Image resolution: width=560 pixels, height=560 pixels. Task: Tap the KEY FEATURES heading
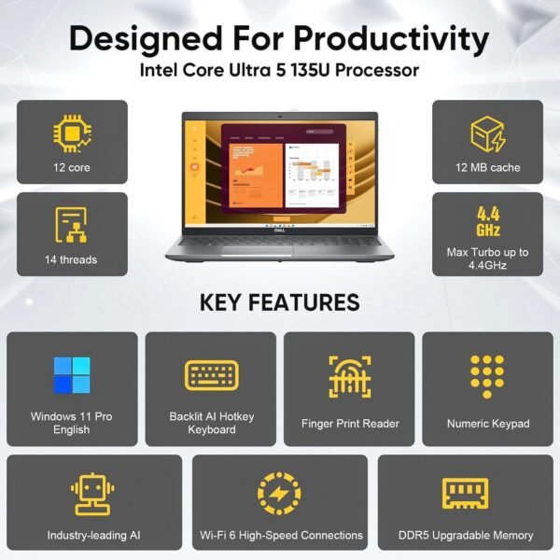[279, 301]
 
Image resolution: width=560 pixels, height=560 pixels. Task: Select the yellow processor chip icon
[72, 133]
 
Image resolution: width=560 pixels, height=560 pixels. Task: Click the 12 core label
[72, 167]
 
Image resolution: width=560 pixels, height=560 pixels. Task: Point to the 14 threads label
[72, 259]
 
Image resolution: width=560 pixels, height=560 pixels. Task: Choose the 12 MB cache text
[487, 167]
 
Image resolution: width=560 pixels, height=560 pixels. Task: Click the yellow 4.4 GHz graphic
[487, 221]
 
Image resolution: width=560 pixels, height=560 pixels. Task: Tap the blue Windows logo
[72, 374]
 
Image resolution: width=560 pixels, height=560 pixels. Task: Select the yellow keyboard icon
[211, 375]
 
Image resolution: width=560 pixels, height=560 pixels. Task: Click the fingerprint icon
[350, 376]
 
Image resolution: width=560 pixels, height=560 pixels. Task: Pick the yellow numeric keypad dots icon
[487, 375]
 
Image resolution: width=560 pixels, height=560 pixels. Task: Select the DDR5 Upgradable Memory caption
[465, 535]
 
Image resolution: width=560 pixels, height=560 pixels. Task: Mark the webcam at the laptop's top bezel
[280, 117]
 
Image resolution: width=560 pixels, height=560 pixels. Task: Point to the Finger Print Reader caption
[350, 423]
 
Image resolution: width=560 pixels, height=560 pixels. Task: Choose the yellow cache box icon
[487, 133]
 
